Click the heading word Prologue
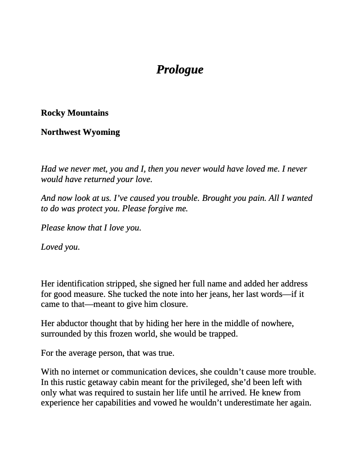[180, 69]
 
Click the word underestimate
[247, 403]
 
